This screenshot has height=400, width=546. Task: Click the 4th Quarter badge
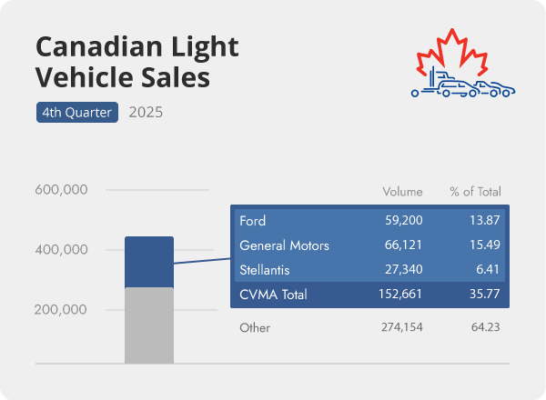click(x=76, y=113)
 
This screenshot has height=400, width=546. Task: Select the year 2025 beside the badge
click(x=147, y=113)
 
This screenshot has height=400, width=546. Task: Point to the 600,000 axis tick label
click(x=61, y=190)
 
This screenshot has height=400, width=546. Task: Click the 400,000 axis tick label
click(x=61, y=250)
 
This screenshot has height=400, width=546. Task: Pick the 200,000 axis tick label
click(x=61, y=309)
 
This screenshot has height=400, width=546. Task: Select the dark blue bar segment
click(x=148, y=262)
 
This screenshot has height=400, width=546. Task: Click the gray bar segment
click(x=148, y=325)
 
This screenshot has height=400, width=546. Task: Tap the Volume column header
click(x=402, y=192)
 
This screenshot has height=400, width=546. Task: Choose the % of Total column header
click(x=475, y=192)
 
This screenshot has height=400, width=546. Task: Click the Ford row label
click(x=252, y=221)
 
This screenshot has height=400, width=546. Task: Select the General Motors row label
click(x=284, y=245)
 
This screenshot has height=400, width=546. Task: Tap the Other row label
click(x=254, y=326)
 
